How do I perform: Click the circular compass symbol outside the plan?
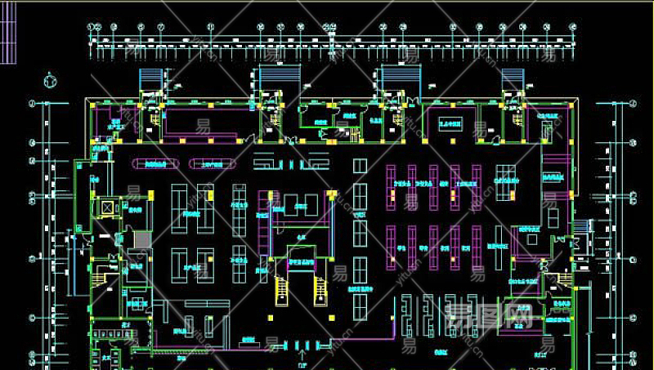coord(50,81)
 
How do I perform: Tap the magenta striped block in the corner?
coord(7,33)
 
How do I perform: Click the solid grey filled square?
coord(142,240)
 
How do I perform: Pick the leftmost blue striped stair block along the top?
coord(150,79)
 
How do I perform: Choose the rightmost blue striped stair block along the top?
coord(513,79)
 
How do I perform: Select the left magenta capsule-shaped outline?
coord(155,164)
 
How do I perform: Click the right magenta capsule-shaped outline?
coord(213,164)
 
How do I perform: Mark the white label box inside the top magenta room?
coord(450,123)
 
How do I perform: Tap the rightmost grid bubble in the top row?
coord(572,27)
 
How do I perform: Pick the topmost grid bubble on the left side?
coord(33,104)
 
